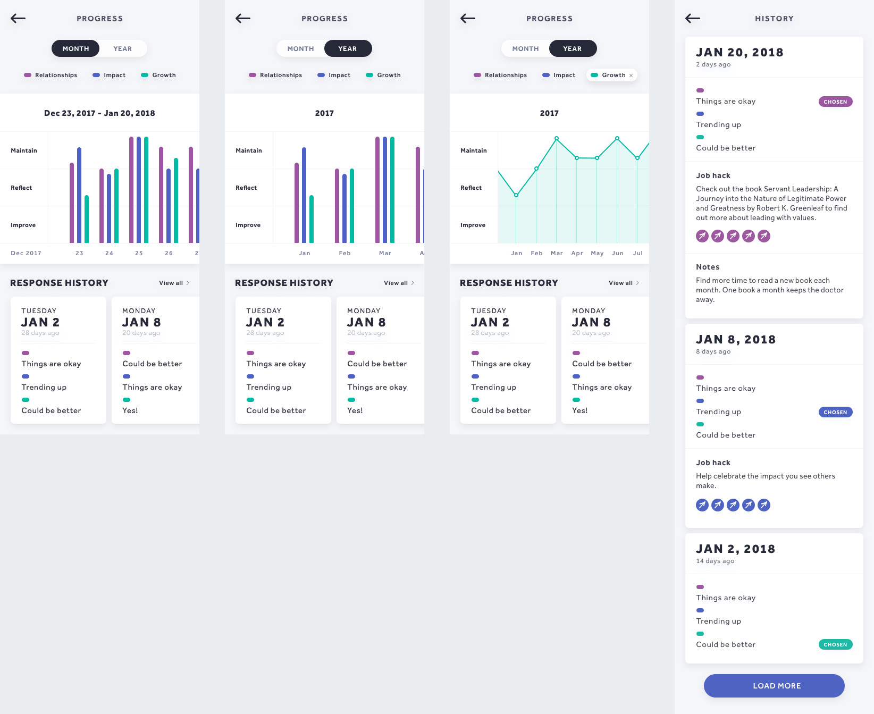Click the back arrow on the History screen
[692, 19]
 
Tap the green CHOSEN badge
[835, 644]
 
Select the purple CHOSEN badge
[835, 102]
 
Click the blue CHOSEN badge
[835, 412]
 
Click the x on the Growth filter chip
[631, 75]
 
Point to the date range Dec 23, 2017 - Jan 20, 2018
[99, 113]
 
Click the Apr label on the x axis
[577, 253]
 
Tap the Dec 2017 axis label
[26, 253]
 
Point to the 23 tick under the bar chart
[79, 253]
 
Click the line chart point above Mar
[557, 138]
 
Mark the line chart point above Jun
[617, 138]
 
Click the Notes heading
[708, 267]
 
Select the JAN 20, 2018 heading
[739, 52]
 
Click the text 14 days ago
[715, 561]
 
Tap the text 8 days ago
[713, 351]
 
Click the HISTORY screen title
[774, 19]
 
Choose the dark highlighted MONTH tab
[75, 48]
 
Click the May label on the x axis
[597, 253]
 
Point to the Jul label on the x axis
[638, 253]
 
